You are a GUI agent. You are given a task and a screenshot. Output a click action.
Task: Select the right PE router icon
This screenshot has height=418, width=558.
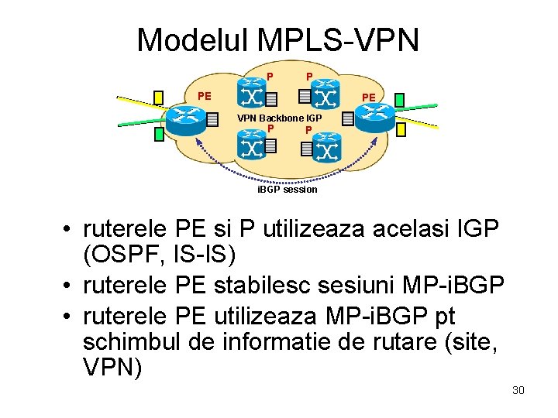point(376,117)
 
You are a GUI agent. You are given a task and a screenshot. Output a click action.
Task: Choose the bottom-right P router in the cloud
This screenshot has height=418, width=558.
point(326,146)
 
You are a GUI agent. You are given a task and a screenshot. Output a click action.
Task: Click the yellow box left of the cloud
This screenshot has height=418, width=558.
point(158,98)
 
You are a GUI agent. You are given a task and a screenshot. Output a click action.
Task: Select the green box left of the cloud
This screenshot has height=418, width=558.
point(158,134)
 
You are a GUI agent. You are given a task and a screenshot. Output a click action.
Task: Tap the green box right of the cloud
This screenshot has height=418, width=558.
point(399,99)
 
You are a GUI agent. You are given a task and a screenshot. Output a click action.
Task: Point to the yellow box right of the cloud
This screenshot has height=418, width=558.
point(401,130)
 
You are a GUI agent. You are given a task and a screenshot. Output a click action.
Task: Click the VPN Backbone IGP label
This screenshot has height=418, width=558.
point(279,118)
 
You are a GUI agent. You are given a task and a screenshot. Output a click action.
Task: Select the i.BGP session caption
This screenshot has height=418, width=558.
point(287,189)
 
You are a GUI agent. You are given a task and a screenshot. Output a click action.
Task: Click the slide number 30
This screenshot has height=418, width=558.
point(518,390)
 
